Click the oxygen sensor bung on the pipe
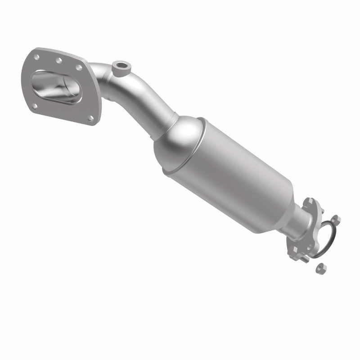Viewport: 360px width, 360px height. [121, 66]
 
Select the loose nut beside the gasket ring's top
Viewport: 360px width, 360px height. [337, 220]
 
